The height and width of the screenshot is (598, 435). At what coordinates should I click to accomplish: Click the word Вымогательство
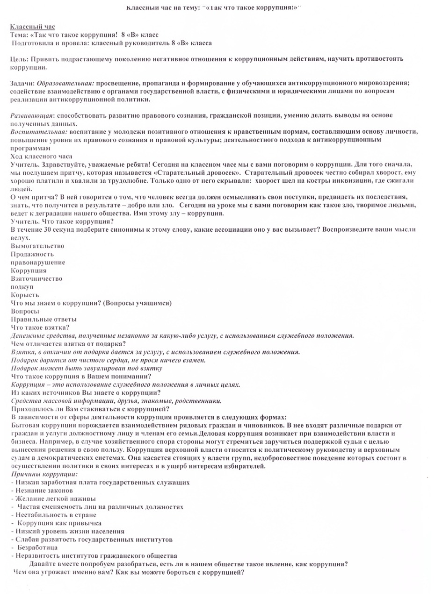[x=37, y=246]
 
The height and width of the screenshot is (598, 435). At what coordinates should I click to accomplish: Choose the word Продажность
[x=32, y=254]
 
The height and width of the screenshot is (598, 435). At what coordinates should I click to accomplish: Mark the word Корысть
[x=25, y=295]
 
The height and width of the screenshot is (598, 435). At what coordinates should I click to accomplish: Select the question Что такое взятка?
[x=40, y=327]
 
